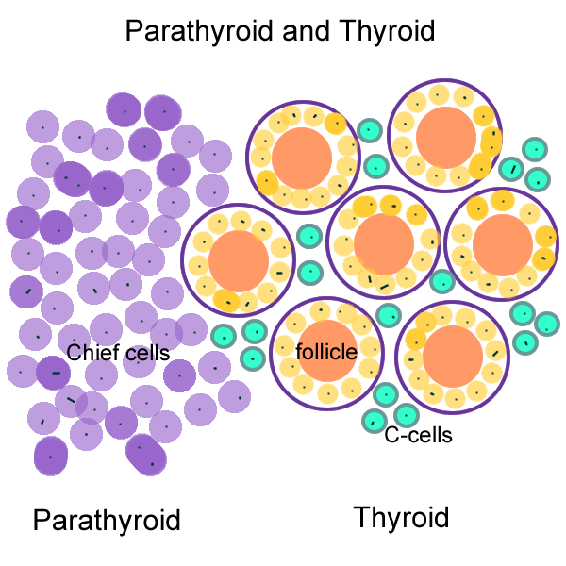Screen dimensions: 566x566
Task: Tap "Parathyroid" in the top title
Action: coord(198,31)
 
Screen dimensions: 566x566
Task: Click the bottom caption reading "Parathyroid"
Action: coord(107,520)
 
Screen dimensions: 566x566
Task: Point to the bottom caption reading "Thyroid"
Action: coord(401,517)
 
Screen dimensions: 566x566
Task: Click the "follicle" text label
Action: coord(326,352)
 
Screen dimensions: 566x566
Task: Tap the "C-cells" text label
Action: coord(419,436)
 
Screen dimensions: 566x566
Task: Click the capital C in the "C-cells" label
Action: coord(391,436)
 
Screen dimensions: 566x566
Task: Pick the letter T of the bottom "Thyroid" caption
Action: coord(361,517)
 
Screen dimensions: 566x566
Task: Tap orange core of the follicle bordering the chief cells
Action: coord(240,261)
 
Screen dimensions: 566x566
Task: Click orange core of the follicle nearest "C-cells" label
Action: coord(453,356)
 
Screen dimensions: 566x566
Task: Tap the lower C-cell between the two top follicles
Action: coord(375,166)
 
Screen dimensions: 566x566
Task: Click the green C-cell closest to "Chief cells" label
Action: coord(224,335)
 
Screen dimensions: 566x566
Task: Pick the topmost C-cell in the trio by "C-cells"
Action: coord(384,395)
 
